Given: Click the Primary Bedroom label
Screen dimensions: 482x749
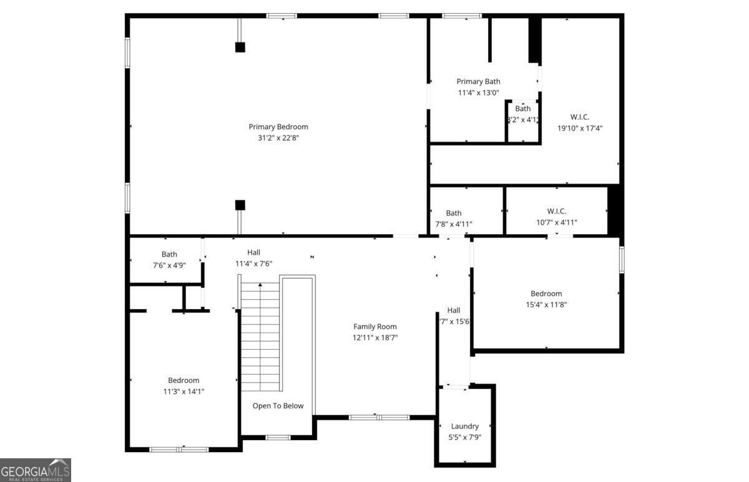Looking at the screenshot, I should pos(278,127).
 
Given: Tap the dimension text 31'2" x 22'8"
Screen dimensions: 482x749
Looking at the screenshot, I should pos(278,138).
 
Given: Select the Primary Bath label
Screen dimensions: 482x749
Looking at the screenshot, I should pos(478,81).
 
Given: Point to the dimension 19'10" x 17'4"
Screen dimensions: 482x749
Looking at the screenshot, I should pos(580,128).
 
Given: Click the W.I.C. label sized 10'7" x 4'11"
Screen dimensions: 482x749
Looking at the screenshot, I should pos(556,211).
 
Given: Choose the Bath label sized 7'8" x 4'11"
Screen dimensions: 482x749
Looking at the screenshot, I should pos(454,213).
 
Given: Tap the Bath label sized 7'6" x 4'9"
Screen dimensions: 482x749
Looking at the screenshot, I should pos(169,254).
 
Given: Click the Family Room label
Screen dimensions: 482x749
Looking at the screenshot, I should pos(374,327).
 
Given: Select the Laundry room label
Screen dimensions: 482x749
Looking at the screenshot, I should pos(465,426).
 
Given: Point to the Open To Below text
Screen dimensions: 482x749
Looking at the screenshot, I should pos(278,406).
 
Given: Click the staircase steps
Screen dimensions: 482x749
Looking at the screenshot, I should pos(260,337).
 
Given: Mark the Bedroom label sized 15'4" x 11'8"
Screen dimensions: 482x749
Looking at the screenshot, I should pos(546,293).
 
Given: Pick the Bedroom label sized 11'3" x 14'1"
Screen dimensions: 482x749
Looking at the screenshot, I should pos(184,380).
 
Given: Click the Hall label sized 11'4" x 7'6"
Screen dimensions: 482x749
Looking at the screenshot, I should pos(253,252).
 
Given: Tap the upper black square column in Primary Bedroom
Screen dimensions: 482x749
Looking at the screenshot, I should pos(240,47).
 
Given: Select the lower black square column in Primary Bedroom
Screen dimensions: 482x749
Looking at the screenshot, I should pos(240,205).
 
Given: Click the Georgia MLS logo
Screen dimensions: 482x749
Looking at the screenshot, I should pos(36,470).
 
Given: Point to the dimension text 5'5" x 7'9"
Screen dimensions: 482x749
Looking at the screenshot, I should pos(465,438).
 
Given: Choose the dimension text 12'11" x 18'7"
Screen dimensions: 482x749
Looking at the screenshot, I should pos(374,338).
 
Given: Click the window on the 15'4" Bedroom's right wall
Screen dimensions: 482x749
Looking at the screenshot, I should pos(622,259).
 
